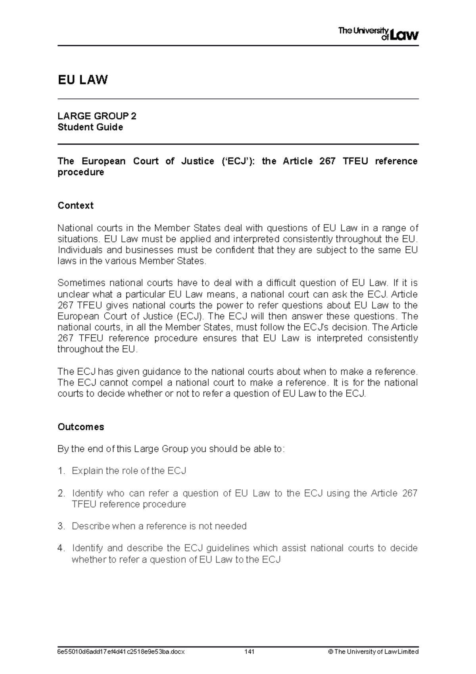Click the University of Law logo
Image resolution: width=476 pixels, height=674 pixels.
[378, 34]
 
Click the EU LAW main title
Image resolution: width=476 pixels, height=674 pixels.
[83, 80]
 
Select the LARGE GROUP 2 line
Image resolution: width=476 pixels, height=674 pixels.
[97, 116]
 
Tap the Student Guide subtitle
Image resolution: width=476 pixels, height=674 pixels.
[90, 127]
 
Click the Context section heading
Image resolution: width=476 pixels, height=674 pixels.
[75, 205]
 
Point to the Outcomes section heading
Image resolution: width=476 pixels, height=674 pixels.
[81, 427]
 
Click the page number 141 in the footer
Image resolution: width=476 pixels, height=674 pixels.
[249, 651]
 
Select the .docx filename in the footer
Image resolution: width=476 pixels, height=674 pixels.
[121, 651]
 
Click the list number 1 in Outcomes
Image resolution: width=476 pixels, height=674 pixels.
[61, 471]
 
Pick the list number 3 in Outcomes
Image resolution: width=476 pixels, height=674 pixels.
[61, 526]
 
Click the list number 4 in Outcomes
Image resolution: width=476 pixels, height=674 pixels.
[61, 548]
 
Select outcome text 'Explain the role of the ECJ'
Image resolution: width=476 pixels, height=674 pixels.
[129, 471]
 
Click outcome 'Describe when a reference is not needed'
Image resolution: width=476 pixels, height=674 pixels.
[159, 526]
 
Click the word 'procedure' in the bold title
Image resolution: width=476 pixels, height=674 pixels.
[81, 172]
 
